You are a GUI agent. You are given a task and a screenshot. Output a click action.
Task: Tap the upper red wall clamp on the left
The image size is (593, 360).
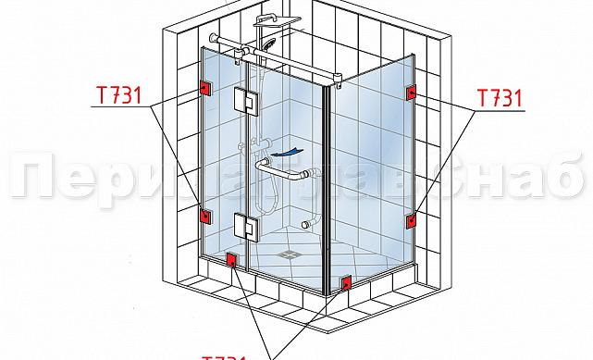(x=204, y=89)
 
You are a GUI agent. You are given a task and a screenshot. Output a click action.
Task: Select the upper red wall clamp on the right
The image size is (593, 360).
(x=409, y=93)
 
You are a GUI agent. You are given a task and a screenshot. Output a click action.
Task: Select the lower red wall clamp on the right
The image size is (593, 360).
(x=409, y=220)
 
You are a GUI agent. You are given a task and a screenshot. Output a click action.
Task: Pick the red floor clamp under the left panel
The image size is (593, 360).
(x=231, y=260)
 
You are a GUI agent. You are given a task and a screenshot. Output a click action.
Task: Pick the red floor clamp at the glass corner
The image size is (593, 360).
(x=345, y=281)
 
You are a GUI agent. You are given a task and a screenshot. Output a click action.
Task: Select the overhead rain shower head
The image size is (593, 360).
(x=292, y=20)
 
